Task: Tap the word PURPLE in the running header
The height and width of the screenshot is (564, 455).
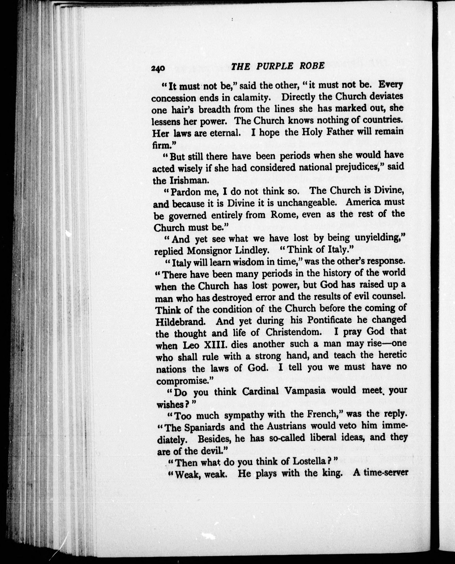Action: pyautogui.click(x=275, y=66)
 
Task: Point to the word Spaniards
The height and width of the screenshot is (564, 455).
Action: pyautogui.click(x=205, y=427)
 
